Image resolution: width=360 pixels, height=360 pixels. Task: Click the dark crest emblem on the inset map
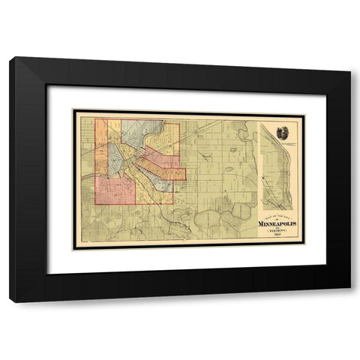click(x=280, y=133)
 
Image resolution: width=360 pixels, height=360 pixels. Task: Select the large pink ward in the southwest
click(x=115, y=190)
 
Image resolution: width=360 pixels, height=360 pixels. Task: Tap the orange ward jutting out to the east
click(x=169, y=173)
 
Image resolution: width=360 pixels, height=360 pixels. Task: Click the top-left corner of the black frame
click(x=10, y=58)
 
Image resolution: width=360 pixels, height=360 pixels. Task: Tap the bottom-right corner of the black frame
click(x=350, y=301)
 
